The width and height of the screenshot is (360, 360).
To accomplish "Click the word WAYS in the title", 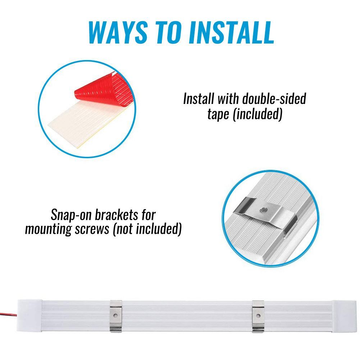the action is (118, 32).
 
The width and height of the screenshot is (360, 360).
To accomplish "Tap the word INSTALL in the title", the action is (232, 32).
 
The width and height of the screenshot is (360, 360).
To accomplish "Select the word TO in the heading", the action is (168, 32).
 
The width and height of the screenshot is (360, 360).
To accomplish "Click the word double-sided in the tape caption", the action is (274, 99).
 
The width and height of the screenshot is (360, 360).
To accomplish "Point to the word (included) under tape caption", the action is (258, 114).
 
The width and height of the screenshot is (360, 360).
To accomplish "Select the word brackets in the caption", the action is (117, 215).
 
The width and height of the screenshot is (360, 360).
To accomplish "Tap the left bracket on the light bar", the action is (116, 316).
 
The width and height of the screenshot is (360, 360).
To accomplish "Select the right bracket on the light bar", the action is (258, 316).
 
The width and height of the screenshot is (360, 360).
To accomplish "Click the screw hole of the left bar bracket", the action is (115, 316).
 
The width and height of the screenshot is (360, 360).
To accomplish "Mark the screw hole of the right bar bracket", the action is (258, 316).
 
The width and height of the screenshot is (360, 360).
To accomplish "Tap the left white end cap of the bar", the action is (29, 315).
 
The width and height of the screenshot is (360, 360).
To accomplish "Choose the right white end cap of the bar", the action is (344, 316).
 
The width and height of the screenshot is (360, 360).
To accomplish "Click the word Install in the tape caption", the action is (199, 99).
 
